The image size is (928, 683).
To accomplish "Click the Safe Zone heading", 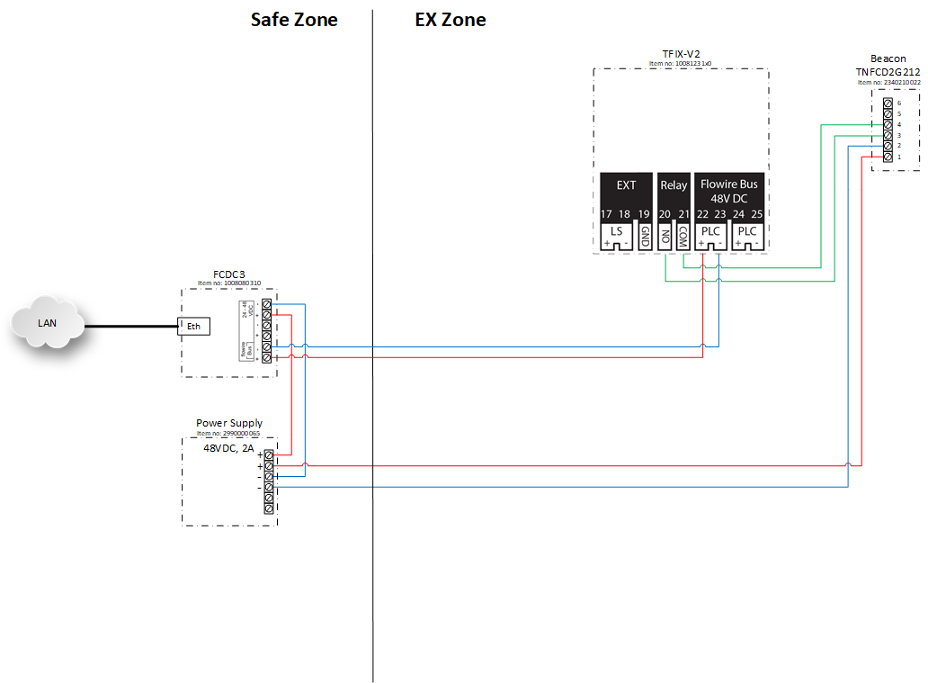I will [294, 20].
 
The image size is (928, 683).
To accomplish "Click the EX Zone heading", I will [450, 20].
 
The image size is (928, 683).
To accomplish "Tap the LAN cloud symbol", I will [47, 323].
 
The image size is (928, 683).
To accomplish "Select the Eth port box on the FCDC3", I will [194, 326].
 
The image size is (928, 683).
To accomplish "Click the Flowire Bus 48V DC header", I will [729, 191].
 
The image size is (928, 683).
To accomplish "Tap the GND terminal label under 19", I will [645, 237].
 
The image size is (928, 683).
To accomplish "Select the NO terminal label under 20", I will [665, 237].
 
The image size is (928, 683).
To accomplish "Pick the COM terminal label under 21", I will [683, 237].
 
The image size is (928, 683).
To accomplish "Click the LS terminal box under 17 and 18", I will [617, 236].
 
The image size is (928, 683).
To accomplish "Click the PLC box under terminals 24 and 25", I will [748, 236].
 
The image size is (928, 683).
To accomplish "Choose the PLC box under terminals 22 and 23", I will [711, 236].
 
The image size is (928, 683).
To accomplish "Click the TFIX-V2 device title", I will [681, 55].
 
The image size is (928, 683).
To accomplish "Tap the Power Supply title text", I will [229, 423].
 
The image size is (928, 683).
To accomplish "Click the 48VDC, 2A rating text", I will [229, 447].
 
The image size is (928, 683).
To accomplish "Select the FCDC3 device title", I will [229, 274].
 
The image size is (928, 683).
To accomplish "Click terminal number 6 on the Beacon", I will [899, 103].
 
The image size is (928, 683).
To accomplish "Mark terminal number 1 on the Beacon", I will [899, 157].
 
